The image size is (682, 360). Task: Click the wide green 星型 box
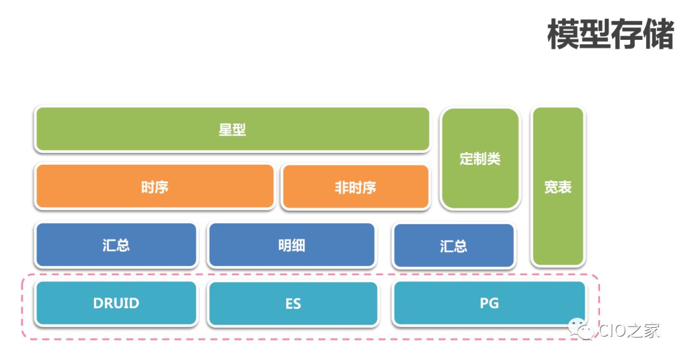tap(232, 129)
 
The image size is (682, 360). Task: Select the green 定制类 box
tap(480, 159)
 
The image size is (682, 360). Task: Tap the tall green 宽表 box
tap(558, 186)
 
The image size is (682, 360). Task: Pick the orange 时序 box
tap(155, 187)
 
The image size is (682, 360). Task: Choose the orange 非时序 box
tap(355, 187)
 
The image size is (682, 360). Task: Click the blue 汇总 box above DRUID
tap(116, 245)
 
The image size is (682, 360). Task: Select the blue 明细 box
tap(291, 245)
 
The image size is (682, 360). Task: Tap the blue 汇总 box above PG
tap(453, 246)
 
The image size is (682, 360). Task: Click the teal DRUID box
tap(116, 303)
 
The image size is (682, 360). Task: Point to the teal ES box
tap(292, 304)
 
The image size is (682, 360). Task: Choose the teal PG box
tap(489, 303)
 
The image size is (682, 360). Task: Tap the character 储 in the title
tap(659, 34)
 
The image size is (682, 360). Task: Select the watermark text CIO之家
tap(629, 330)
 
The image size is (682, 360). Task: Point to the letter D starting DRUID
tap(98, 303)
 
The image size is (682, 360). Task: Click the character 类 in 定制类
tap(494, 159)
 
